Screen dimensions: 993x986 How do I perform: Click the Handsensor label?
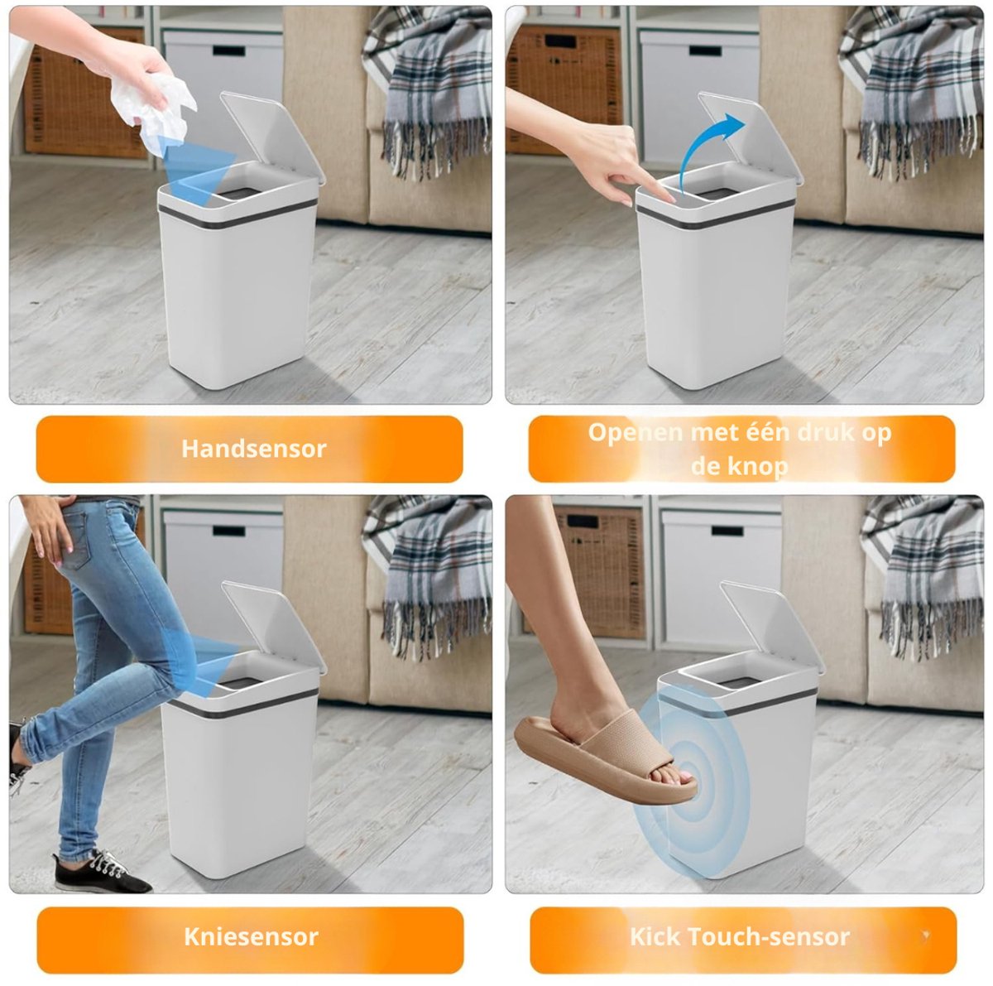253,449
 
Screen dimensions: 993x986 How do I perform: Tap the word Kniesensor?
251,937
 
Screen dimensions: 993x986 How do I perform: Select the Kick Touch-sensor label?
740,937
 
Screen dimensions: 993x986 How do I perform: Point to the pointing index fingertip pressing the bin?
670,199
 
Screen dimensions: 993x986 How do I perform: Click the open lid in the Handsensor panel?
273,137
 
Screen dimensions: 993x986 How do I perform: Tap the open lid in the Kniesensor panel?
274,627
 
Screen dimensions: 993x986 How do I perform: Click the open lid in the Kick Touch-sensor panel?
771,626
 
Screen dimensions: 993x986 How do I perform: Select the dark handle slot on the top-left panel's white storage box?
228,51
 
